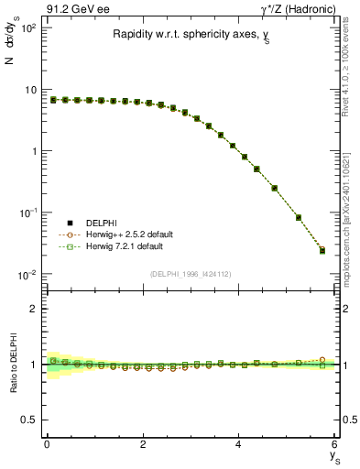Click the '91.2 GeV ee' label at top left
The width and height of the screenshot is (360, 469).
pyautogui.click(x=70, y=8)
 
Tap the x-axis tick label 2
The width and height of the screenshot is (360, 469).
pyautogui.click(x=143, y=444)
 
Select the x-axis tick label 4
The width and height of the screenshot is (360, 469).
pyautogui.click(x=239, y=444)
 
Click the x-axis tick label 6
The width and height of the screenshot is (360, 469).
pyautogui.click(x=335, y=444)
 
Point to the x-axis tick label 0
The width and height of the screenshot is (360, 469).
pyautogui.click(x=47, y=444)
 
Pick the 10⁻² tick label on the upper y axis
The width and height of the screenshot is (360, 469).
pyautogui.click(x=27, y=274)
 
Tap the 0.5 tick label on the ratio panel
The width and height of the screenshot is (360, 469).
pyautogui.click(x=27, y=420)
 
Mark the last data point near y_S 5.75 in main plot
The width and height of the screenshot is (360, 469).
pyautogui.click(x=322, y=249)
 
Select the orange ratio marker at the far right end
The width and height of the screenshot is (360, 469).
pyautogui.click(x=322, y=360)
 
